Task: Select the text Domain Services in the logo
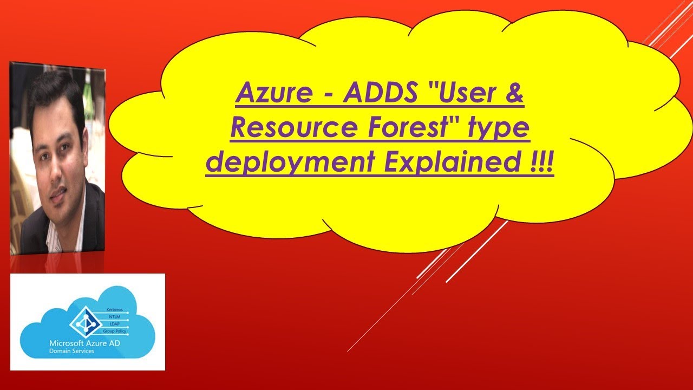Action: tap(71, 351)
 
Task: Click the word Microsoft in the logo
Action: tap(64, 343)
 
